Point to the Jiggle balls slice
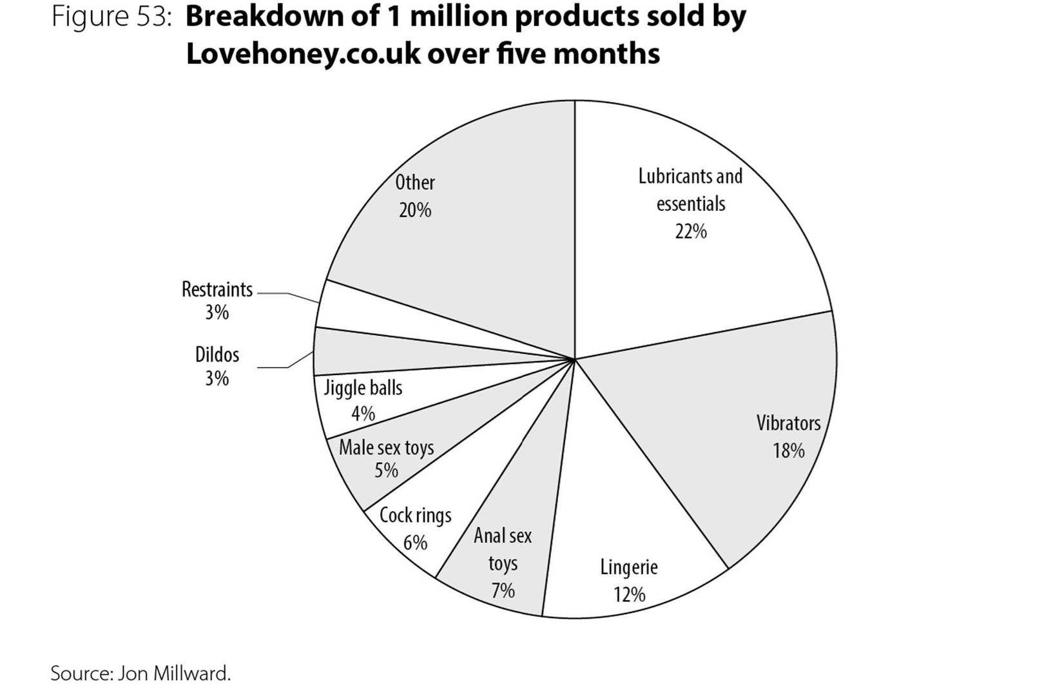(x=368, y=400)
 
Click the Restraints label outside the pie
(x=217, y=289)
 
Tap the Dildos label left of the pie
(x=217, y=354)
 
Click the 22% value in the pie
(x=691, y=231)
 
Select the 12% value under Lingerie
(x=629, y=595)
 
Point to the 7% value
(x=503, y=591)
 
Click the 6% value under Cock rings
(x=415, y=543)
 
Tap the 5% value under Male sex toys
(x=387, y=471)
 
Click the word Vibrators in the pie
(x=788, y=423)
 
